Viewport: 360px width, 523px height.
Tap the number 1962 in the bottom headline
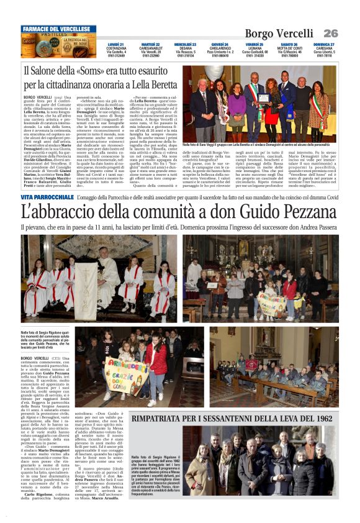pyautogui.click(x=319, y=419)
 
